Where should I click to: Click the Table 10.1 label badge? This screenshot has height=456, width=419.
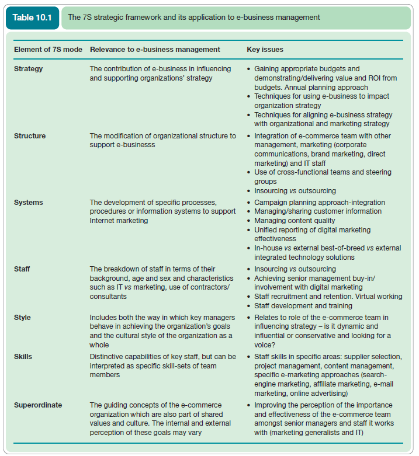point(32,17)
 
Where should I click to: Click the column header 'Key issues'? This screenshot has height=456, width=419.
point(266,50)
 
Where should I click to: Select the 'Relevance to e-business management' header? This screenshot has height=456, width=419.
point(155,50)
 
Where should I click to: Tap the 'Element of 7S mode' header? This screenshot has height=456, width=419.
point(48,50)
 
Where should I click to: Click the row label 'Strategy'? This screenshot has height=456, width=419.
point(29,69)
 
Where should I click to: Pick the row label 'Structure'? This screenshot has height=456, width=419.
point(30,136)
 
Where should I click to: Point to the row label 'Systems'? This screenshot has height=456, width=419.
point(29,203)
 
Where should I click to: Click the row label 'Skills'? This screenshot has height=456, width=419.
point(23,356)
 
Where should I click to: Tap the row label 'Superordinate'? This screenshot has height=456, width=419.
point(38,405)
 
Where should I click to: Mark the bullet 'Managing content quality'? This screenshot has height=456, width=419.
point(295,221)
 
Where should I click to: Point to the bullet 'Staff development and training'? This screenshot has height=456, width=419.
point(303,306)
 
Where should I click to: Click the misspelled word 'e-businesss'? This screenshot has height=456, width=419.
point(138,145)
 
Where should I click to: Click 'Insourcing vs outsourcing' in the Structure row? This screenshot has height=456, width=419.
point(295,191)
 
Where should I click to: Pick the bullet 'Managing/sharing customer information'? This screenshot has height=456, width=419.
point(318,211)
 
